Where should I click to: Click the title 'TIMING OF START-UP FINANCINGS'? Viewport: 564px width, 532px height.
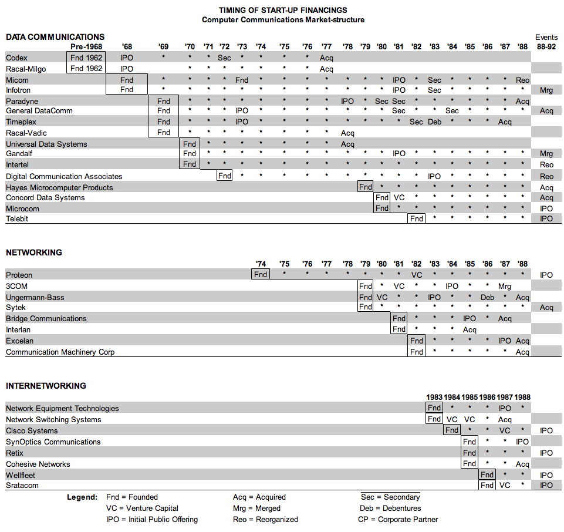[283, 10]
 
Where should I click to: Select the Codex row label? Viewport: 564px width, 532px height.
[16, 58]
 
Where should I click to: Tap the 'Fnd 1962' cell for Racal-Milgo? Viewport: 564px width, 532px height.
[86, 69]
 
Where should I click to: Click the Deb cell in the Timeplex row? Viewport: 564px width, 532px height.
[434, 122]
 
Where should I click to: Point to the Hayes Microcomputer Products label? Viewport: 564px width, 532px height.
[59, 187]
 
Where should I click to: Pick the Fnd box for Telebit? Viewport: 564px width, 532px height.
[417, 219]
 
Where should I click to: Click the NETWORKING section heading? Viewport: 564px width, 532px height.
[34, 252]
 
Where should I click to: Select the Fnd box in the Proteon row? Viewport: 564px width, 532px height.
[261, 275]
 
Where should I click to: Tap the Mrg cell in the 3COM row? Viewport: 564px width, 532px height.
[505, 287]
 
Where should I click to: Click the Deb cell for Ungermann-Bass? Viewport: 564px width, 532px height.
[487, 298]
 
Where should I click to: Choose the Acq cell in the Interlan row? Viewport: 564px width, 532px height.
[470, 330]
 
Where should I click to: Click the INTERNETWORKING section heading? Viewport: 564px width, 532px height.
[46, 386]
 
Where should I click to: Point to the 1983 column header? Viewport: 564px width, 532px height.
[434, 398]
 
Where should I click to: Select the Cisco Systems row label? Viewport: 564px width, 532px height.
[32, 431]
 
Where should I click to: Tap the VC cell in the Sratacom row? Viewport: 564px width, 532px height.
[505, 486]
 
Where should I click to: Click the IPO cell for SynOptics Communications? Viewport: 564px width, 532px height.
[522, 442]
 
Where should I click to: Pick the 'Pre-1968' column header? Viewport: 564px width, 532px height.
[86, 46]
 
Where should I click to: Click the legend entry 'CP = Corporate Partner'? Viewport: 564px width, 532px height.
[398, 519]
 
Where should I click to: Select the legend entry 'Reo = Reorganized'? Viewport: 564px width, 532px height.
[265, 519]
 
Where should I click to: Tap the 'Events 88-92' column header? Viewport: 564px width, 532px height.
[546, 42]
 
